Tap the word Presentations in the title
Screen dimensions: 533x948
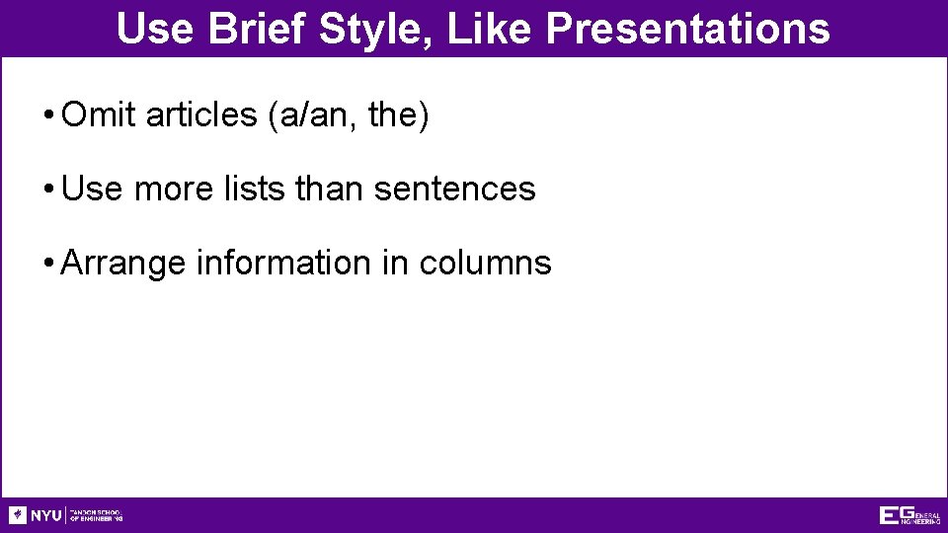pos(687,29)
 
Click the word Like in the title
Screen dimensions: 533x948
pos(489,29)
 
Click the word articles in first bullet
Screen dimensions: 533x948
pos(201,115)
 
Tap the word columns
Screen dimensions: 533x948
pos(485,263)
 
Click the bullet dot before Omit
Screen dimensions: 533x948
pos(48,116)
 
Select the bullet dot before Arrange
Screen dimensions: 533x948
pos(48,264)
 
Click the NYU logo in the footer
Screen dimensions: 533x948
pos(36,515)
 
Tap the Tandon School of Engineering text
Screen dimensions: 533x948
pos(97,515)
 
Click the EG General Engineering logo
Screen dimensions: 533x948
pos(908,515)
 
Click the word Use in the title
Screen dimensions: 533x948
pos(155,29)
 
